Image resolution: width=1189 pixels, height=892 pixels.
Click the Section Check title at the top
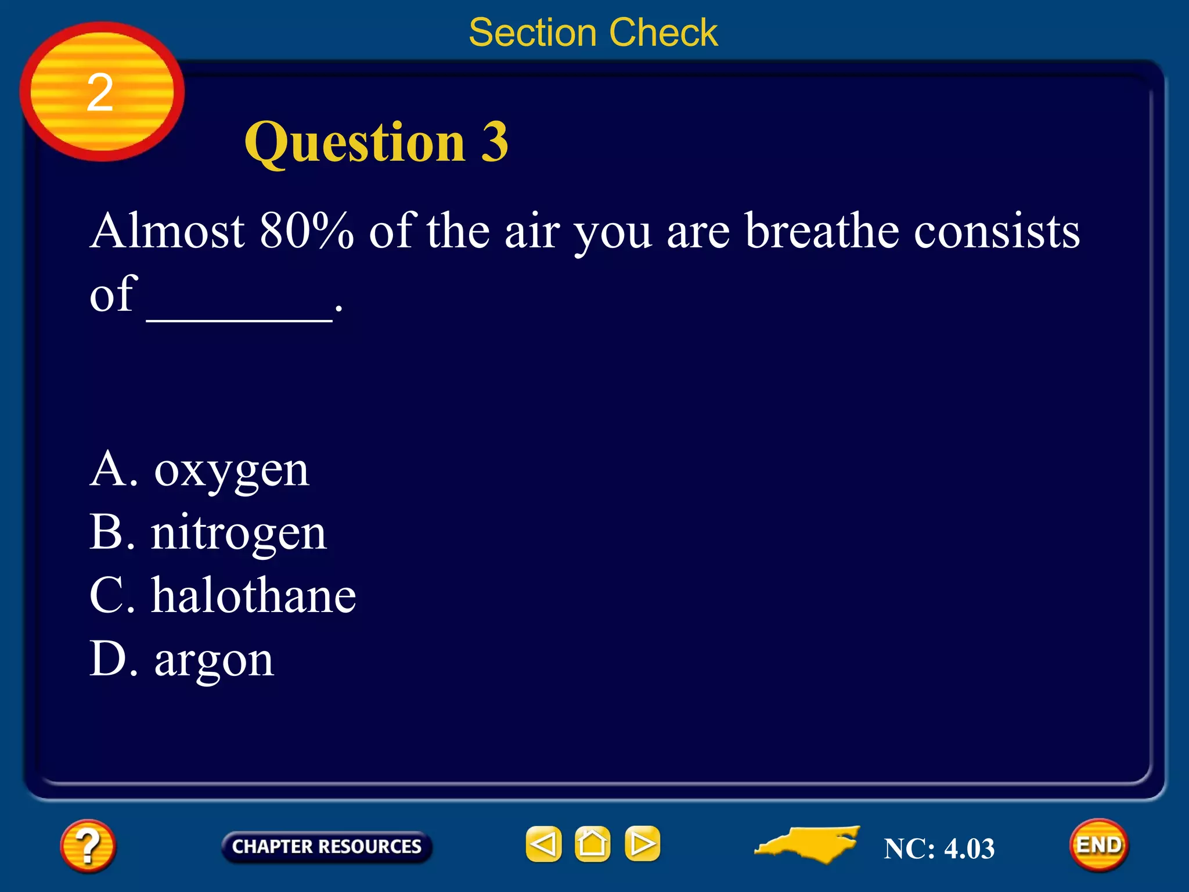pyautogui.click(x=593, y=33)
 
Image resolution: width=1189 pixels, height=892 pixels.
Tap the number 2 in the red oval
pyautogui.click(x=100, y=92)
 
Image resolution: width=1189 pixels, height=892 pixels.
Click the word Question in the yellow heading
pyautogui.click(x=355, y=143)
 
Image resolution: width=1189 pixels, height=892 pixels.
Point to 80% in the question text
pyautogui.click(x=307, y=231)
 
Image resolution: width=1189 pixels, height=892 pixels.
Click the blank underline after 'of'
pyautogui.click(x=239, y=314)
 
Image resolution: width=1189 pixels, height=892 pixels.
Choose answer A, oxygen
pyautogui.click(x=200, y=470)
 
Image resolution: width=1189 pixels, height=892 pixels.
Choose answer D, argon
pyautogui.click(x=182, y=660)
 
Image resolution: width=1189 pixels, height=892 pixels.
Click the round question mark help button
pyautogui.click(x=88, y=846)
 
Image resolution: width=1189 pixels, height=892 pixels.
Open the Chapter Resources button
pyautogui.click(x=326, y=847)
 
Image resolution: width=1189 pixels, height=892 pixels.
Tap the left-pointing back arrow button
pyautogui.click(x=543, y=844)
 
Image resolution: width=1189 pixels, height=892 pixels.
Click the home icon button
pyautogui.click(x=592, y=844)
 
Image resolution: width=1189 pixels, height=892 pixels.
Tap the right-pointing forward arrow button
pyautogui.click(x=642, y=844)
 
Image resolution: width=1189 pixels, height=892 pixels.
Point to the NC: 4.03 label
pyautogui.click(x=939, y=848)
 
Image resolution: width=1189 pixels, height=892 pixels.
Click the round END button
pyautogui.click(x=1098, y=845)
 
